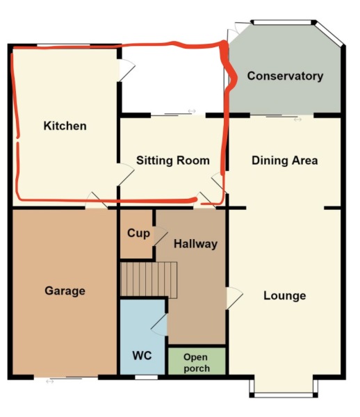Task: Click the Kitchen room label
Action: tap(65, 126)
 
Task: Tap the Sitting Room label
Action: tap(173, 161)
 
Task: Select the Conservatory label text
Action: tap(285, 76)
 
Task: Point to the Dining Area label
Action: tap(285, 161)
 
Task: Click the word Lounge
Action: tap(285, 296)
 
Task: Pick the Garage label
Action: tap(65, 291)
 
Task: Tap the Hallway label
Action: tap(196, 244)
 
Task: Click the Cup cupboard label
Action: tap(138, 234)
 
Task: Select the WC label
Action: tap(142, 356)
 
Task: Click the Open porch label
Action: tap(196, 363)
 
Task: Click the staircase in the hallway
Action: tap(149, 280)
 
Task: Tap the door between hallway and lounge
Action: tap(234, 298)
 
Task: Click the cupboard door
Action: tap(161, 236)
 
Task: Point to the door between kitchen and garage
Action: tap(96, 200)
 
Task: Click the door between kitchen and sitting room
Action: tap(126, 174)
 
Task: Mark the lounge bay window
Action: tap(284, 386)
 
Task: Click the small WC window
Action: tap(146, 377)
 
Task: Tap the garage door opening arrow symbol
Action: tap(50, 382)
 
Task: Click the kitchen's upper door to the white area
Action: tap(126, 70)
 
